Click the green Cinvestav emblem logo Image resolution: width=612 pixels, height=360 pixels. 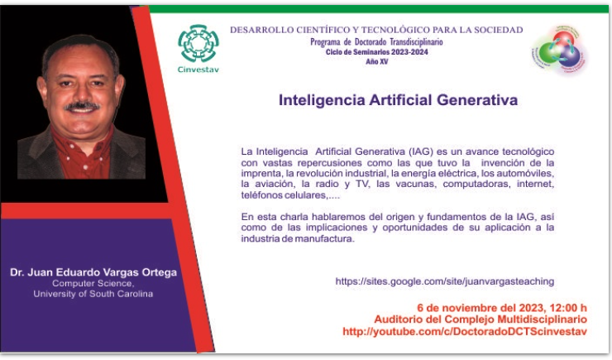[x=198, y=43]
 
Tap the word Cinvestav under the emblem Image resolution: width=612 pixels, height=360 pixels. [x=198, y=70]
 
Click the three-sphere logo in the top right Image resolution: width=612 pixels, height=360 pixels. [x=559, y=50]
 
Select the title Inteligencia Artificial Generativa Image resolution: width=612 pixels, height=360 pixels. [x=398, y=100]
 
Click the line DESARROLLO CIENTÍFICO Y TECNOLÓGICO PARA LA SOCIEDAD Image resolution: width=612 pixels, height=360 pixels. [x=376, y=30]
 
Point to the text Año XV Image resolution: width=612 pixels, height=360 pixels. [x=376, y=62]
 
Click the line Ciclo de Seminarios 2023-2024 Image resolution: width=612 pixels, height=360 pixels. [x=376, y=52]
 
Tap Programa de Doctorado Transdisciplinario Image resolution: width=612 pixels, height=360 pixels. [x=376, y=41]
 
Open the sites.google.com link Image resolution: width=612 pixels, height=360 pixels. [x=445, y=281]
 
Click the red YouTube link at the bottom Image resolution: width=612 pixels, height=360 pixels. [x=465, y=332]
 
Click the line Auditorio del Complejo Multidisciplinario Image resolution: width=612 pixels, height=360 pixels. [x=481, y=319]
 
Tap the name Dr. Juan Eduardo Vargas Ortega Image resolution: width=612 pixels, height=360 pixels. [x=93, y=272]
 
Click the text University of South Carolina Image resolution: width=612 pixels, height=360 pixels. [x=93, y=294]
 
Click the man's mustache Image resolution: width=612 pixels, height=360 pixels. [x=82, y=106]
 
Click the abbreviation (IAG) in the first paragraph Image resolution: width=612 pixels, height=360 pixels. [x=421, y=151]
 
